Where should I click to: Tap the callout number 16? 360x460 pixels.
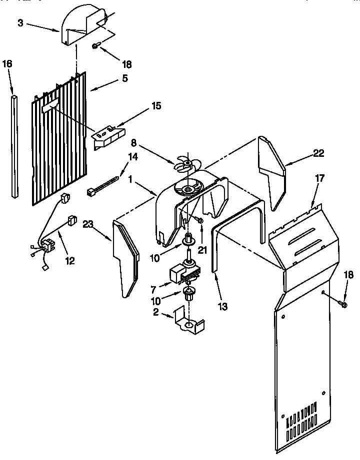coord(7,64)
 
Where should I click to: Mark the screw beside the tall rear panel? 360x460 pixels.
coord(343,303)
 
